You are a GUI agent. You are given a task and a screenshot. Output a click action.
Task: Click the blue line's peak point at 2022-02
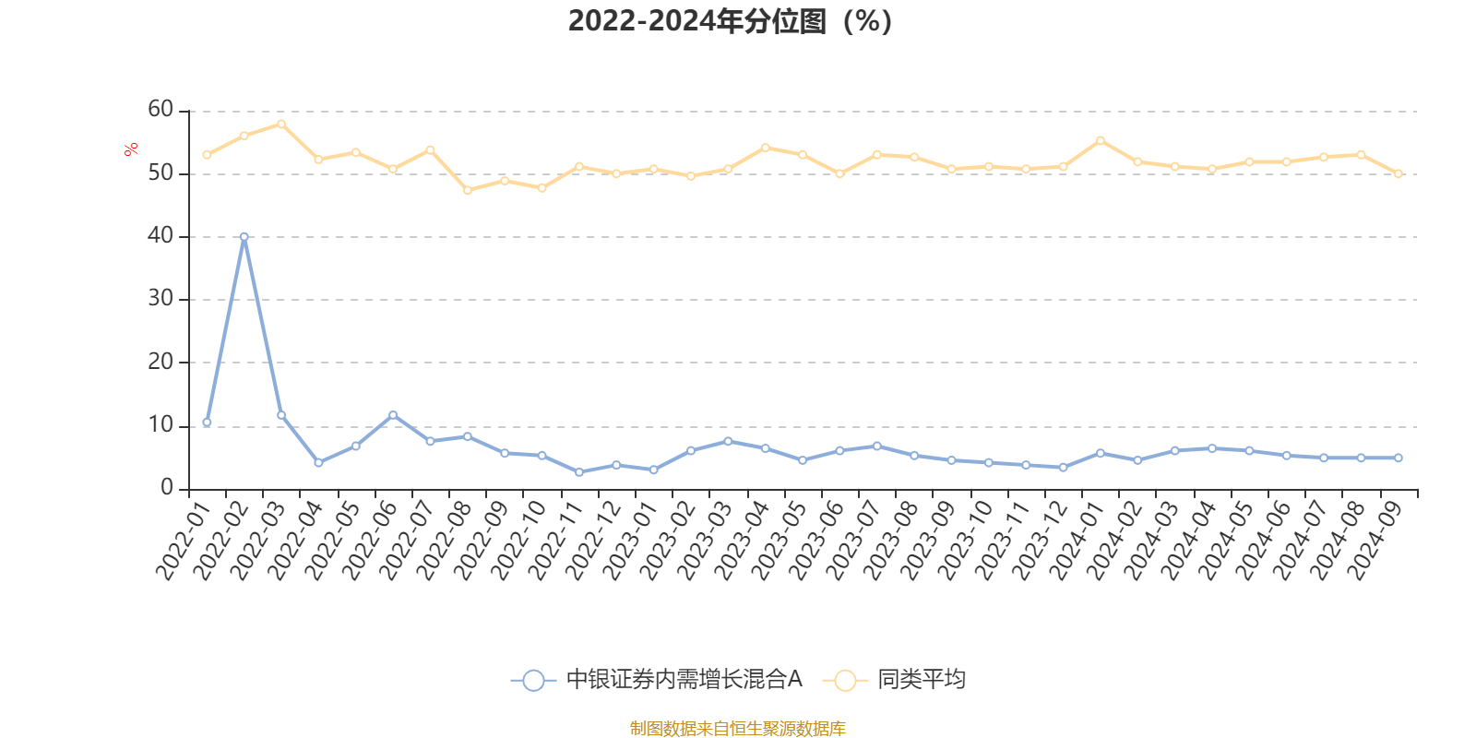click(x=244, y=237)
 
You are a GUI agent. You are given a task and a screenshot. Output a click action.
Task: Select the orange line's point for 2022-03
click(x=281, y=124)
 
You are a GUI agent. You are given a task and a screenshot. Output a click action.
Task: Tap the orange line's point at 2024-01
click(x=1101, y=140)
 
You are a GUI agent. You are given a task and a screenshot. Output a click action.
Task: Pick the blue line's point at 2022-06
click(x=393, y=415)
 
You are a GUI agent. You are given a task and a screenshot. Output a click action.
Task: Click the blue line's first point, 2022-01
click(x=207, y=423)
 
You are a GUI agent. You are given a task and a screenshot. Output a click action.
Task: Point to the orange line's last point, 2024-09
click(x=1399, y=173)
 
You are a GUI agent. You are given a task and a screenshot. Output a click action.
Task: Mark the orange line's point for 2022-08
click(x=468, y=190)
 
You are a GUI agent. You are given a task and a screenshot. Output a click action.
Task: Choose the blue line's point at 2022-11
click(x=579, y=472)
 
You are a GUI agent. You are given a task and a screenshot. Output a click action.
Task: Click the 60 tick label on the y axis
click(x=161, y=110)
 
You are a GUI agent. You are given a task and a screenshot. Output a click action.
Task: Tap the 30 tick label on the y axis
click(x=161, y=299)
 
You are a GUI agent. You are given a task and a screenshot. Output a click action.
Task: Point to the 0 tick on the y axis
click(x=167, y=488)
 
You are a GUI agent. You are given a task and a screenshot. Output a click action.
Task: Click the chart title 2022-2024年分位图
click(x=730, y=20)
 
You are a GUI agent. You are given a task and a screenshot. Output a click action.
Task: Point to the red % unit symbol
click(x=132, y=149)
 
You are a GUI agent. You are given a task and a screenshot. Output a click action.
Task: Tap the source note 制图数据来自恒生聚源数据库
click(x=737, y=729)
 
